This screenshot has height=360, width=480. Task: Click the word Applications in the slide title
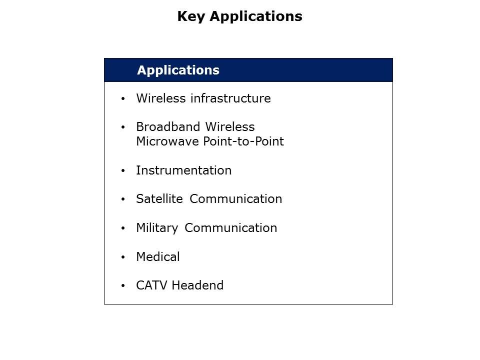click(x=256, y=16)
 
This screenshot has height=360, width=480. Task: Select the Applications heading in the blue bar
click(x=178, y=70)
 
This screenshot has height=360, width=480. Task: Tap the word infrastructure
click(x=231, y=98)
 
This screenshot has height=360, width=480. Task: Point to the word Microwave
click(x=167, y=141)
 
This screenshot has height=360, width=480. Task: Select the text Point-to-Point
click(x=243, y=141)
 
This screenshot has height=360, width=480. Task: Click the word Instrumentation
click(x=183, y=170)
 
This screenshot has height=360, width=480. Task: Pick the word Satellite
click(x=160, y=199)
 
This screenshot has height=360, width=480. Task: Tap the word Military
click(x=157, y=228)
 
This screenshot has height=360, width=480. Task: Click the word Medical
click(x=157, y=257)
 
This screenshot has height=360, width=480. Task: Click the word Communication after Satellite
click(x=236, y=199)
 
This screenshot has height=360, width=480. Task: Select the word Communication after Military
click(x=230, y=228)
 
